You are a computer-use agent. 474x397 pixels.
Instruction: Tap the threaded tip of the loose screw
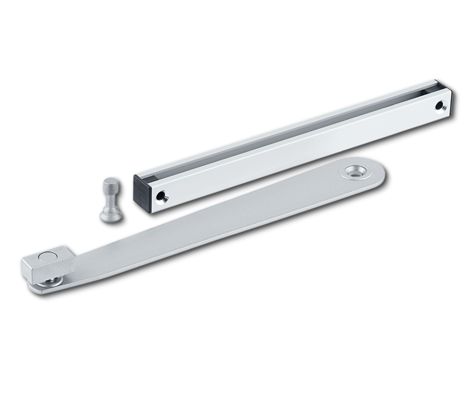click(x=109, y=184)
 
